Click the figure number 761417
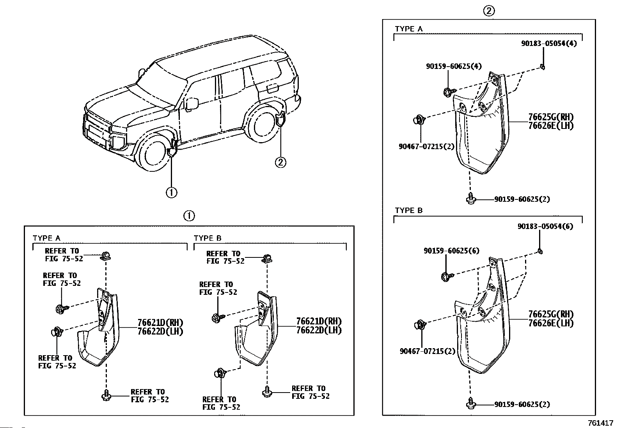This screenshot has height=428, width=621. tap(601, 423)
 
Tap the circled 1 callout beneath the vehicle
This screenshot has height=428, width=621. tap(171, 192)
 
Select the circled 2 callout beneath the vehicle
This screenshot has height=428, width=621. tap(280, 162)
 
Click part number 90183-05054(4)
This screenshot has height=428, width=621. tap(549, 43)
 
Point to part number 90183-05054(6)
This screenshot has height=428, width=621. tap(545, 226)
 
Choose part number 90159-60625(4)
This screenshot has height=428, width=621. tap(454, 67)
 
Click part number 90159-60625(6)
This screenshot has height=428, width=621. tap(451, 251)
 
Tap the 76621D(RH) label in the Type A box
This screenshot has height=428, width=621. tap(160, 323)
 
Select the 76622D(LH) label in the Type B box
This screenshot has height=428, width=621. tap(319, 330)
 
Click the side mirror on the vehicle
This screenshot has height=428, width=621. tap(192, 104)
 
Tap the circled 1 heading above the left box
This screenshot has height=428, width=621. tap(189, 216)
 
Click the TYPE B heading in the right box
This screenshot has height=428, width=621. tap(408, 211)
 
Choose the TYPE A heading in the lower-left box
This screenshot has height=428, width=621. tap(46, 238)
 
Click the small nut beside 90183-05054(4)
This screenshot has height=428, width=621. tap(543, 67)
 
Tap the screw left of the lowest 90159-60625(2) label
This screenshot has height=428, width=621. tap(470, 404)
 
